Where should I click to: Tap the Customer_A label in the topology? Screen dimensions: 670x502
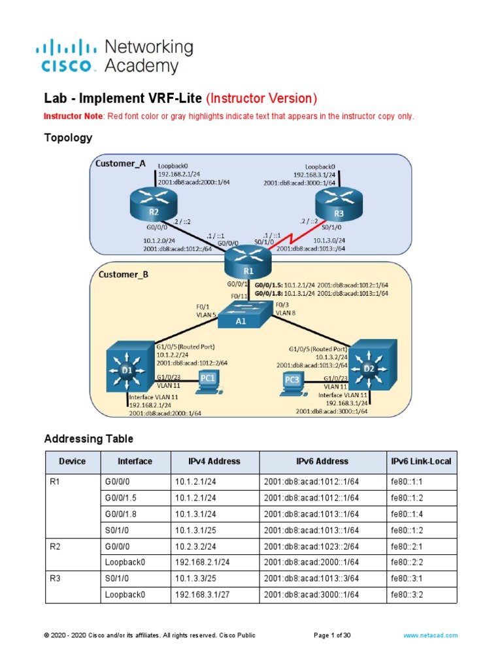click(121, 164)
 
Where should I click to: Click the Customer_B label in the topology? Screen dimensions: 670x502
click(124, 275)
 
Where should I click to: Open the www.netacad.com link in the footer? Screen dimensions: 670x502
click(430, 635)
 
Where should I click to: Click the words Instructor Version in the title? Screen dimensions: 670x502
click(261, 99)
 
